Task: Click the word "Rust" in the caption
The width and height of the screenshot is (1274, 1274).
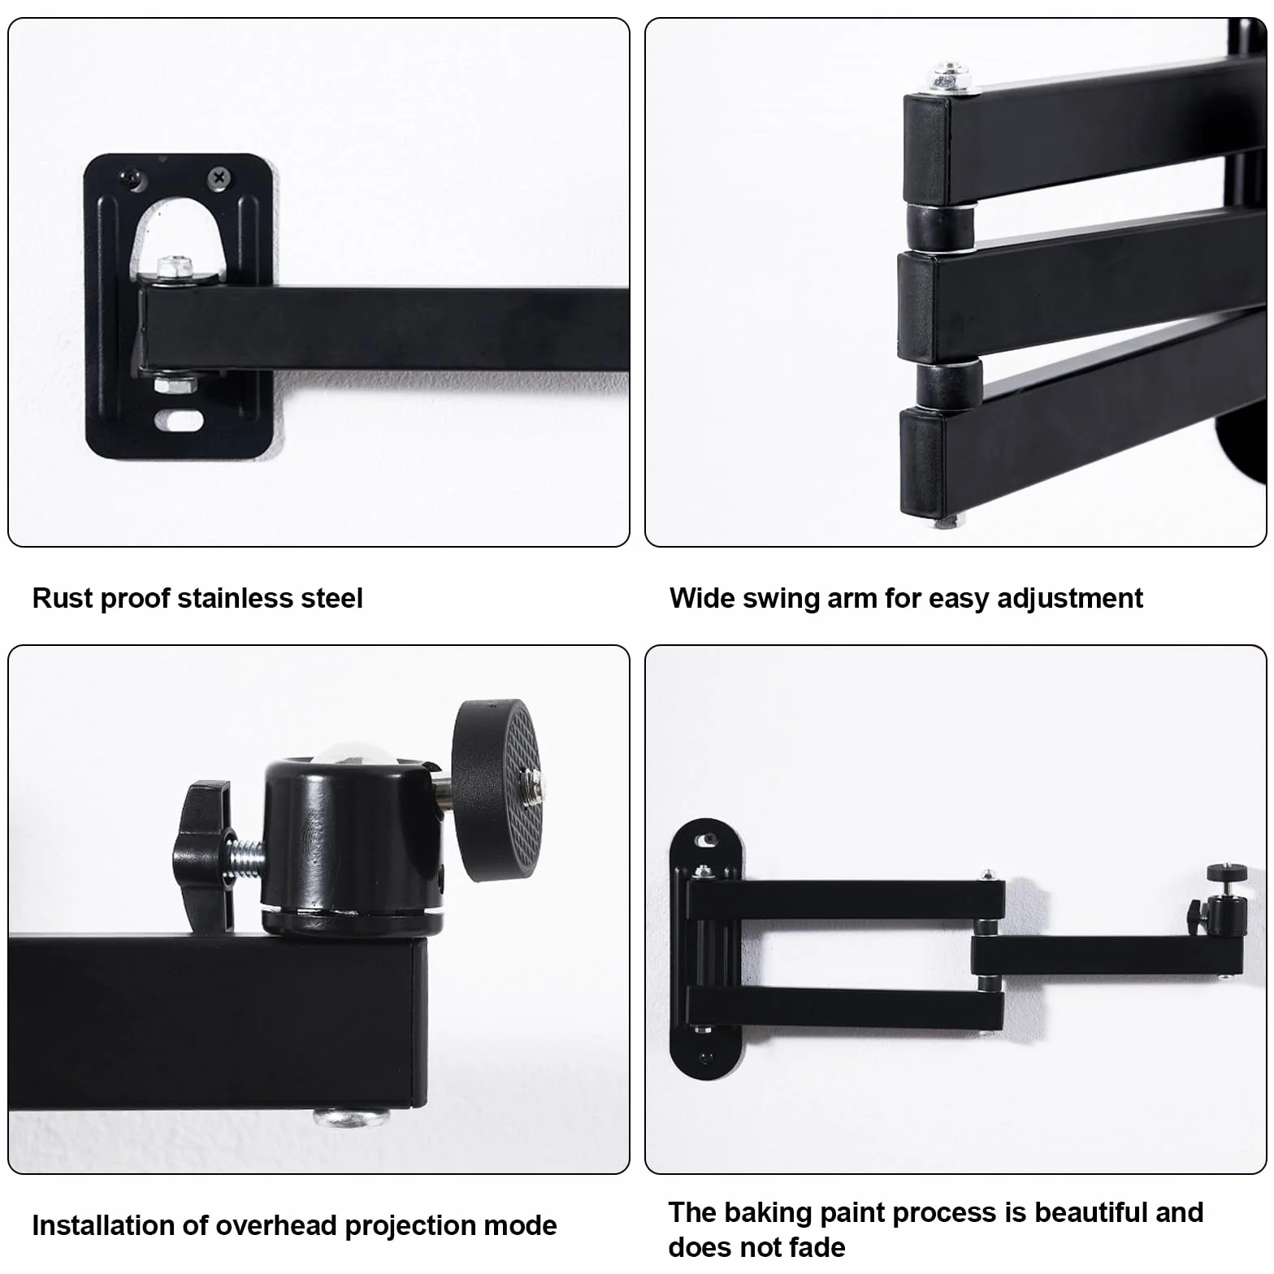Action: [62, 598]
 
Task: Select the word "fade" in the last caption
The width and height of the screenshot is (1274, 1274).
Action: [817, 1246]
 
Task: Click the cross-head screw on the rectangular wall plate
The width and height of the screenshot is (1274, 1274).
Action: [219, 176]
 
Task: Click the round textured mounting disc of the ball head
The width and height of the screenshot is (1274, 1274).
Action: [496, 782]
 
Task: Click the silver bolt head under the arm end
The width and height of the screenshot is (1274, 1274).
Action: [351, 1117]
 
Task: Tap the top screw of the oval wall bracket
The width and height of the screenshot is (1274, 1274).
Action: [706, 838]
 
